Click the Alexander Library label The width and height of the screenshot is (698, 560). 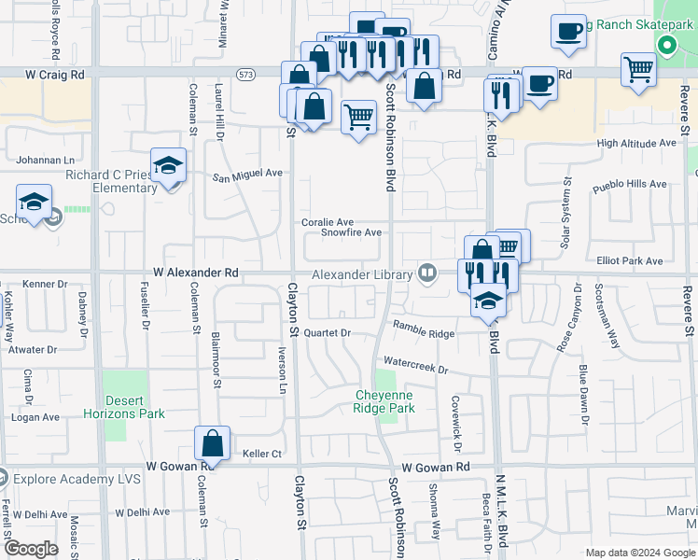(x=362, y=274)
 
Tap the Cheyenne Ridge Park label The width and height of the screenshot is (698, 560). (x=384, y=401)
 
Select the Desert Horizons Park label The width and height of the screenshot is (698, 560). (x=124, y=407)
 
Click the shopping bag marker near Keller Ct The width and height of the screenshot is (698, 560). (x=213, y=444)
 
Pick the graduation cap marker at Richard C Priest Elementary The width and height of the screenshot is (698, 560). (x=169, y=166)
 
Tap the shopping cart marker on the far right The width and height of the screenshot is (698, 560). (x=638, y=69)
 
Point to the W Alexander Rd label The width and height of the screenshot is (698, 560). (x=196, y=273)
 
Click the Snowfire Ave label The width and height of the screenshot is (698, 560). (x=352, y=232)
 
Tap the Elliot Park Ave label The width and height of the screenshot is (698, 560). (x=629, y=261)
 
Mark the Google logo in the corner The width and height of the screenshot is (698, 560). (x=32, y=549)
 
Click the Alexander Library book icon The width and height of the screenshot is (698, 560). (x=427, y=273)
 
